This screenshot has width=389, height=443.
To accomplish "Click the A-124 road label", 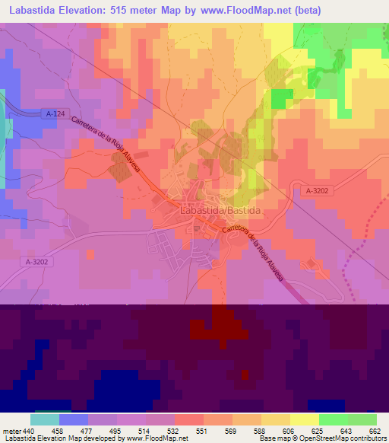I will point(55,114).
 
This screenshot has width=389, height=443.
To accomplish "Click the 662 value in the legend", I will point(374,431).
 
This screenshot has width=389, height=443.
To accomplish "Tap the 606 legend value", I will point(289,431).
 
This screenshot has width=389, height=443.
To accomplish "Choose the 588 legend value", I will point(260,431).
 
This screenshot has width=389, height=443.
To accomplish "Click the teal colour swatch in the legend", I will point(45,419).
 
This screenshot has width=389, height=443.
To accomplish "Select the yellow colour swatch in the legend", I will point(305,419).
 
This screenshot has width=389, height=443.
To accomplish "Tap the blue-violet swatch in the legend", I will point(74,419).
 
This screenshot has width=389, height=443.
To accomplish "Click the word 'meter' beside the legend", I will point(11,431).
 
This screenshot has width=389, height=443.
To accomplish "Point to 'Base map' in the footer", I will point(272,438).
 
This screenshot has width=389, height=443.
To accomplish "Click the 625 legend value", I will point(317,431).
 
